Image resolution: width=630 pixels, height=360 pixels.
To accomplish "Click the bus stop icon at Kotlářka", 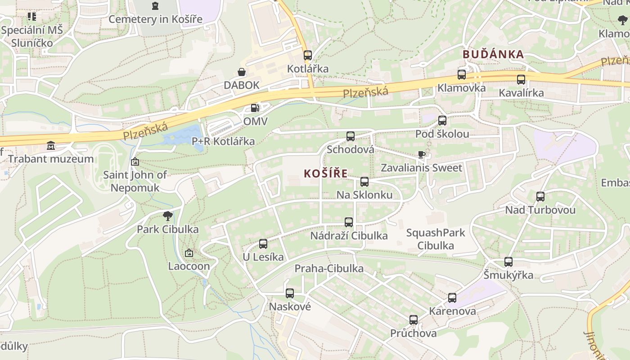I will point(307,55).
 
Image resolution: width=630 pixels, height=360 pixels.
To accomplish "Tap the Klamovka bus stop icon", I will point(461,75).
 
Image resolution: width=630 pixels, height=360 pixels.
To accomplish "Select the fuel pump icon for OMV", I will point(255,108).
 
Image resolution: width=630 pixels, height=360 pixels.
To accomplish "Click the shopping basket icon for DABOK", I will point(242,72).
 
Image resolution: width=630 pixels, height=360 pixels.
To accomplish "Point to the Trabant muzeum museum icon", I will point(50,146).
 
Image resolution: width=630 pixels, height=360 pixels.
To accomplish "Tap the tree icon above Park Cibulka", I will point(168,216).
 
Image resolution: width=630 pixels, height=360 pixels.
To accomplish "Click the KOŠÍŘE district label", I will point(325,173).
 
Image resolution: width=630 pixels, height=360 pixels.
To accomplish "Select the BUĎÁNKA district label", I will point(493,54).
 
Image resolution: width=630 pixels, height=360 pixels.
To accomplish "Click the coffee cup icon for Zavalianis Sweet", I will point(421,155).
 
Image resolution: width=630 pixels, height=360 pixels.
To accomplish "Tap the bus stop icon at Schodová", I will point(350,136).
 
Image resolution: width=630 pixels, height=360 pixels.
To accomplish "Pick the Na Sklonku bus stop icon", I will point(364,182).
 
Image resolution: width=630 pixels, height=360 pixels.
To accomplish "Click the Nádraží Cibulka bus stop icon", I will point(349,222).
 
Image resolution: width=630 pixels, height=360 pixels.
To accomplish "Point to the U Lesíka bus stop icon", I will point(263,244).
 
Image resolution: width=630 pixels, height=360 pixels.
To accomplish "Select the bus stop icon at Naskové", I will point(290,293).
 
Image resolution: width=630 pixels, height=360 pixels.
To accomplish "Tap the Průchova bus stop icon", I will point(413,320).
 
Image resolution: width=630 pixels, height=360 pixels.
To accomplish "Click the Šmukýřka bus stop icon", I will point(508,262).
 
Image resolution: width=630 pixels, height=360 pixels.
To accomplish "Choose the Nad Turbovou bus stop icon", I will point(540,197).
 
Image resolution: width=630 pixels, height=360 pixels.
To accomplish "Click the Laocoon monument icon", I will point(189,253).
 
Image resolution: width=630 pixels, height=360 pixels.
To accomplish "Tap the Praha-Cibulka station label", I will point(329,269).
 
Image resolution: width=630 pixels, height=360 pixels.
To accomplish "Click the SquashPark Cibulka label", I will point(435,239).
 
